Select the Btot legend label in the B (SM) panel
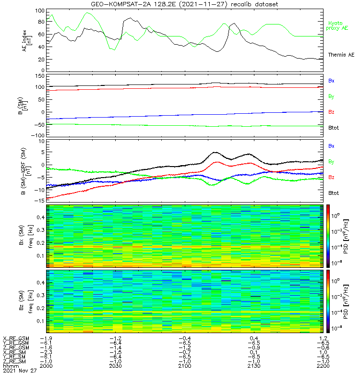pos(333,128)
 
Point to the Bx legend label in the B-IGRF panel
pos(331,146)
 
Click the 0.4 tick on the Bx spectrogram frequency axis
pos(40,217)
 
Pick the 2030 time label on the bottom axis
pos(115,365)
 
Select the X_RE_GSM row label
pos(16,338)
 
